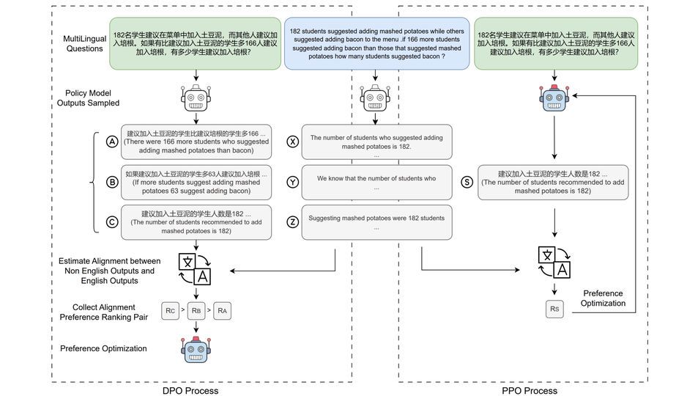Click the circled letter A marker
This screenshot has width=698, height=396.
pos(112,142)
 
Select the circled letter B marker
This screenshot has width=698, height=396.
pos(112,183)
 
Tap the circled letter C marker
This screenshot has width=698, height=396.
pos(112,222)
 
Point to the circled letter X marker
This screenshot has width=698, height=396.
pos(292,142)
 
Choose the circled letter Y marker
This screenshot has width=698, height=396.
pos(292,183)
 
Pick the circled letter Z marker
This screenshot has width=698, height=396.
pos(292,222)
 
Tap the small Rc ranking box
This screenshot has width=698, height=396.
pos(171,310)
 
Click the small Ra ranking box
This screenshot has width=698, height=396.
pos(223,310)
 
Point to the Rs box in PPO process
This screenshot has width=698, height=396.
pos(554,310)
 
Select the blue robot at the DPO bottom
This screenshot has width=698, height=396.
pos(196,350)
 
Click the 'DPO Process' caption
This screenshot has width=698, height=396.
pos(190,390)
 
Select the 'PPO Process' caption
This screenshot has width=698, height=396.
pos(529,390)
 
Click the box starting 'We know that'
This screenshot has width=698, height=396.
pos(376,183)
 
